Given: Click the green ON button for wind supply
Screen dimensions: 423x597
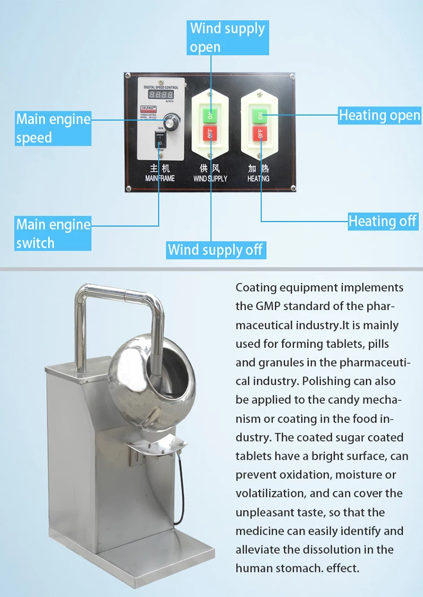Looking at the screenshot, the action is coord(210,115).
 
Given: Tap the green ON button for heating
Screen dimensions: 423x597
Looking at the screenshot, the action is coord(260,115).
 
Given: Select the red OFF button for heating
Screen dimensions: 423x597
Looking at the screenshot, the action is coord(260,134).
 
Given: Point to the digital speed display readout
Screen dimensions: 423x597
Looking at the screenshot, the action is coord(161,96).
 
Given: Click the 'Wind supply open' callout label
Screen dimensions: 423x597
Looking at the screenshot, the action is coord(227,37).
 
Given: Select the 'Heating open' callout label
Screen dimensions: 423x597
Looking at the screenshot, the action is coord(380,116).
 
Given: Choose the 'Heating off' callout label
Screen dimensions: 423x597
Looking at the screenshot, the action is coord(382,221).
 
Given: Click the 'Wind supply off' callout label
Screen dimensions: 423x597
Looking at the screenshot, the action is coord(215,250).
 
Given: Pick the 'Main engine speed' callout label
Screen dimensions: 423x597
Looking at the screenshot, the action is coord(53,128).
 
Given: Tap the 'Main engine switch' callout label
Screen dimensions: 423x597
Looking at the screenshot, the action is coord(53,233).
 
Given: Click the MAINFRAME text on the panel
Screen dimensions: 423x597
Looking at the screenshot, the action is coord(160,178).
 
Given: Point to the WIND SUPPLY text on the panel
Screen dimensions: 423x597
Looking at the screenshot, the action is coord(210,178).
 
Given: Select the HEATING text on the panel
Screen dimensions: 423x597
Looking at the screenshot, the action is coord(258,178).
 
